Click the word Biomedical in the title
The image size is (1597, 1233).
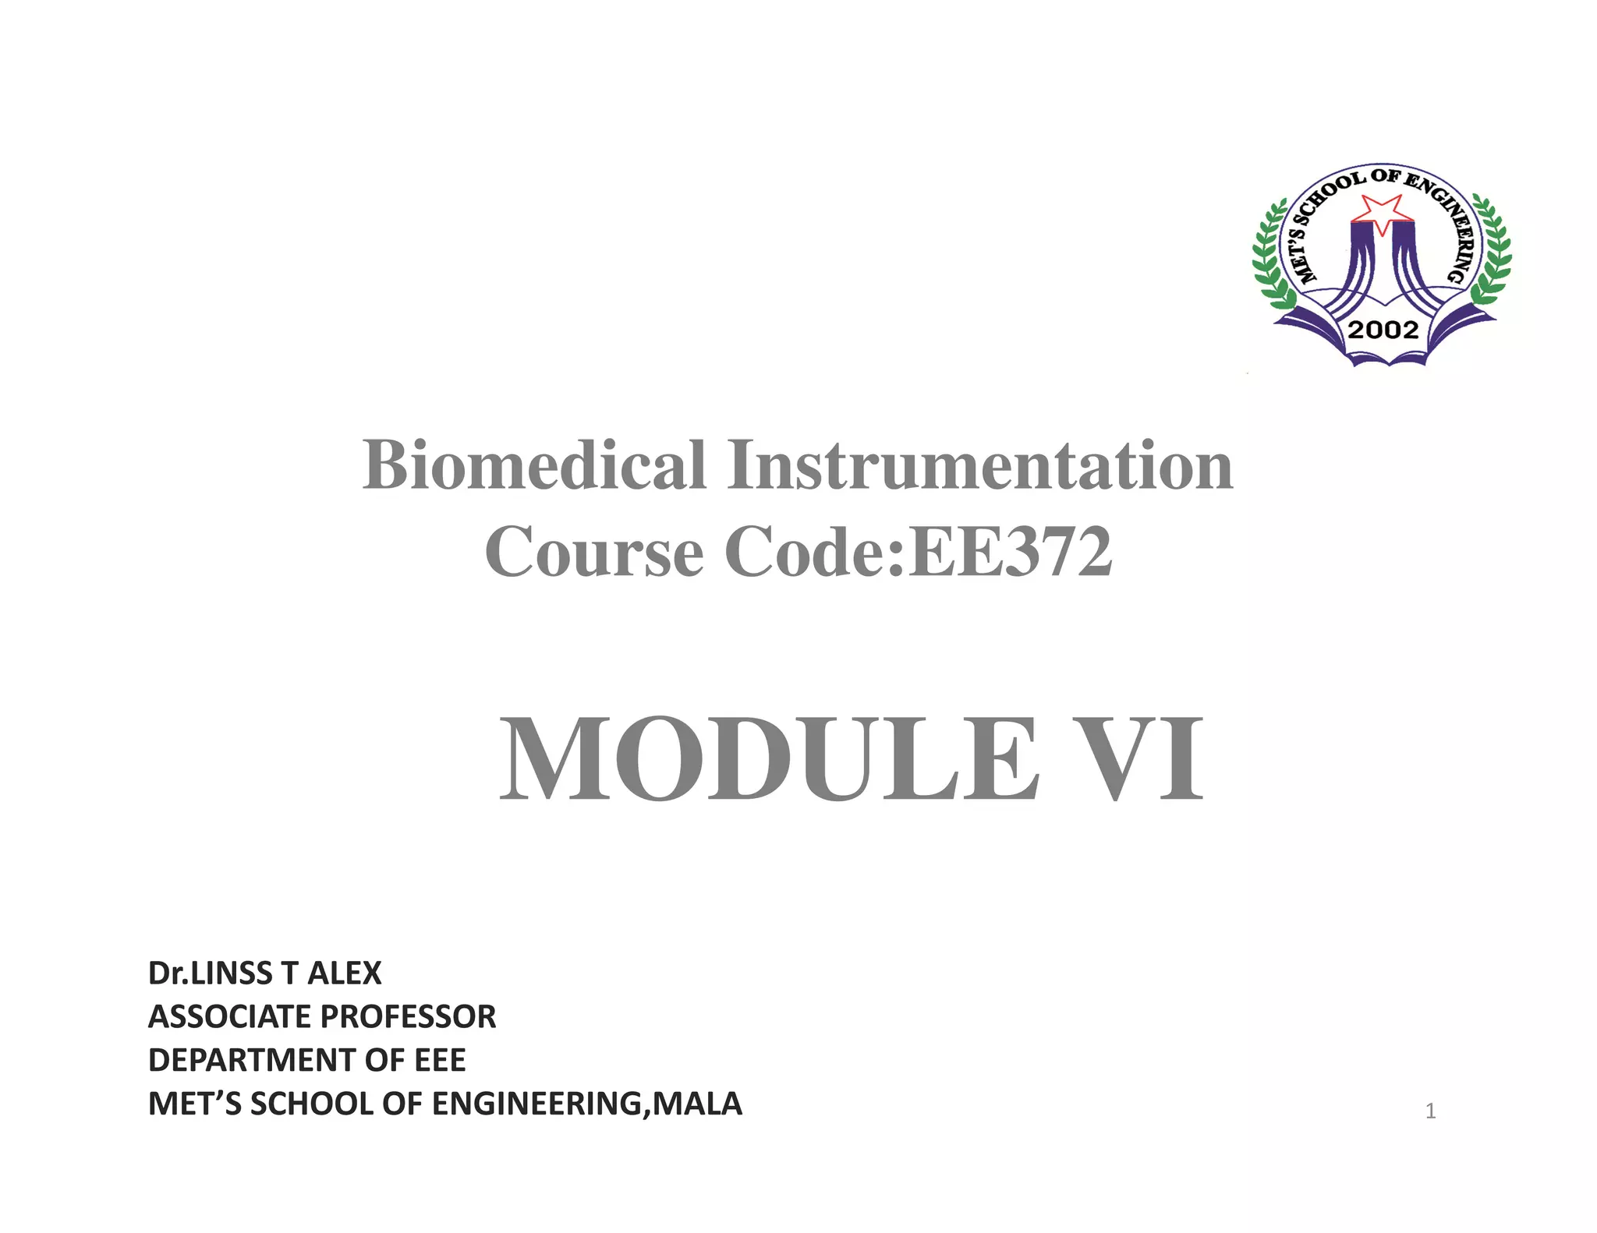pos(534,465)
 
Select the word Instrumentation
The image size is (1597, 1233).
pos(980,465)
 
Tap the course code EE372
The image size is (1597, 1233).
pos(1011,552)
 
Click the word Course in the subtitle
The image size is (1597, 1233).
pos(594,552)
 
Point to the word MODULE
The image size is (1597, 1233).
pos(768,760)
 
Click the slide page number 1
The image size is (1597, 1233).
pos(1430,1111)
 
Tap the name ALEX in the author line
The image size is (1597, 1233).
pos(345,973)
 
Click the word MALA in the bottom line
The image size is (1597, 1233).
pos(697,1104)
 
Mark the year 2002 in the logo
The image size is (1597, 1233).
pos(1383,330)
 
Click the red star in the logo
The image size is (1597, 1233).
pos(1381,213)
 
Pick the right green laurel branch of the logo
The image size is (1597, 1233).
pos(1491,257)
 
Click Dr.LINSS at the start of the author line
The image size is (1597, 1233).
pos(210,973)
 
